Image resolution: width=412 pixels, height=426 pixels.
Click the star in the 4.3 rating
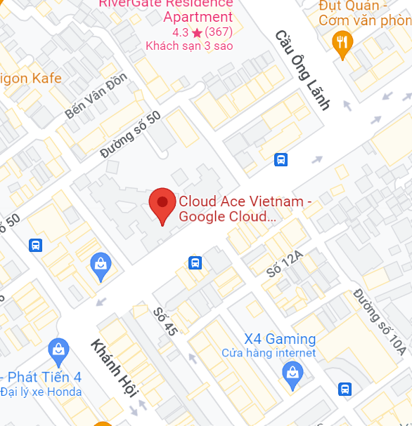pos(197,32)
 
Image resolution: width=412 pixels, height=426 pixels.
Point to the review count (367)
pos(219,32)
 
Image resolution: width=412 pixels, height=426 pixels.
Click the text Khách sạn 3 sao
pos(189,46)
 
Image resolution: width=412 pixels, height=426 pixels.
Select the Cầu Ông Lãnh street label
pos(303,69)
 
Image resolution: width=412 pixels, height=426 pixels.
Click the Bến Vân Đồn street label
pos(96,94)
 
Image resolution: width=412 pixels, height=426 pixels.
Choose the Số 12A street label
pos(284,265)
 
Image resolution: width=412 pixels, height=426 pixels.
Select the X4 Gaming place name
pos(280,339)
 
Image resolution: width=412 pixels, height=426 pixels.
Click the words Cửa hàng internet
pos(269,353)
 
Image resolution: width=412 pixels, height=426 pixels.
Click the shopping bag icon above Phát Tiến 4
pos(58,349)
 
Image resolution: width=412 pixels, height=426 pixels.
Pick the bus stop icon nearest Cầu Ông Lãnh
pos(281,159)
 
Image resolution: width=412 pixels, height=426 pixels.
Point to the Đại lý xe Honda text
pos(41,392)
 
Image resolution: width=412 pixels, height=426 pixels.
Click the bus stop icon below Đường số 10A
pos(345,388)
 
